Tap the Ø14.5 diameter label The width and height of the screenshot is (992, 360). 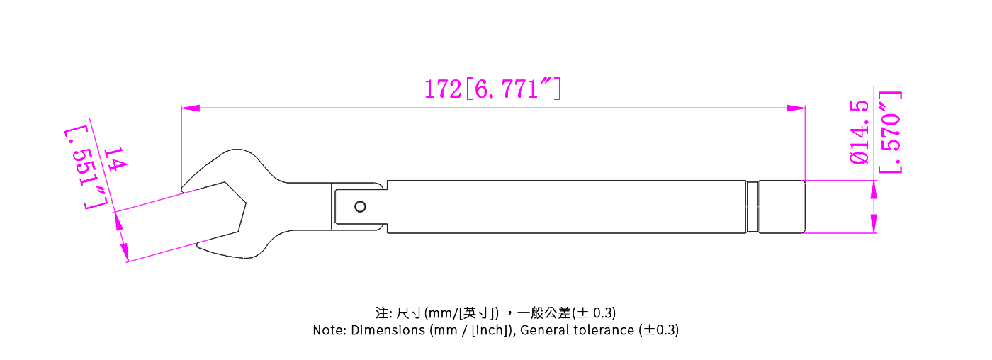pyautogui.click(x=859, y=133)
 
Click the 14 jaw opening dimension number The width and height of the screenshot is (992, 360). pyautogui.click(x=114, y=158)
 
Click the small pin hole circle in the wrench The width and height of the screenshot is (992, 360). pyautogui.click(x=361, y=207)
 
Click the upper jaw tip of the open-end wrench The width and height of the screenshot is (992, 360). pyautogui.click(x=186, y=189)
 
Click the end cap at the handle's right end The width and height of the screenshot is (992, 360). pyautogui.click(x=783, y=207)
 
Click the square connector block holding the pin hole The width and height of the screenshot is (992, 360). pyautogui.click(x=358, y=207)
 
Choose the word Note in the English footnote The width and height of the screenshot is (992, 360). pyautogui.click(x=328, y=330)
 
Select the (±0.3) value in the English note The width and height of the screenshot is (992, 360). pyautogui.click(x=659, y=330)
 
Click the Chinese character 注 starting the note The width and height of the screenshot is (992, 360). pyautogui.click(x=381, y=313)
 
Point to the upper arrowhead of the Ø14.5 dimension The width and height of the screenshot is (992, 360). pyautogui.click(x=874, y=189)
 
